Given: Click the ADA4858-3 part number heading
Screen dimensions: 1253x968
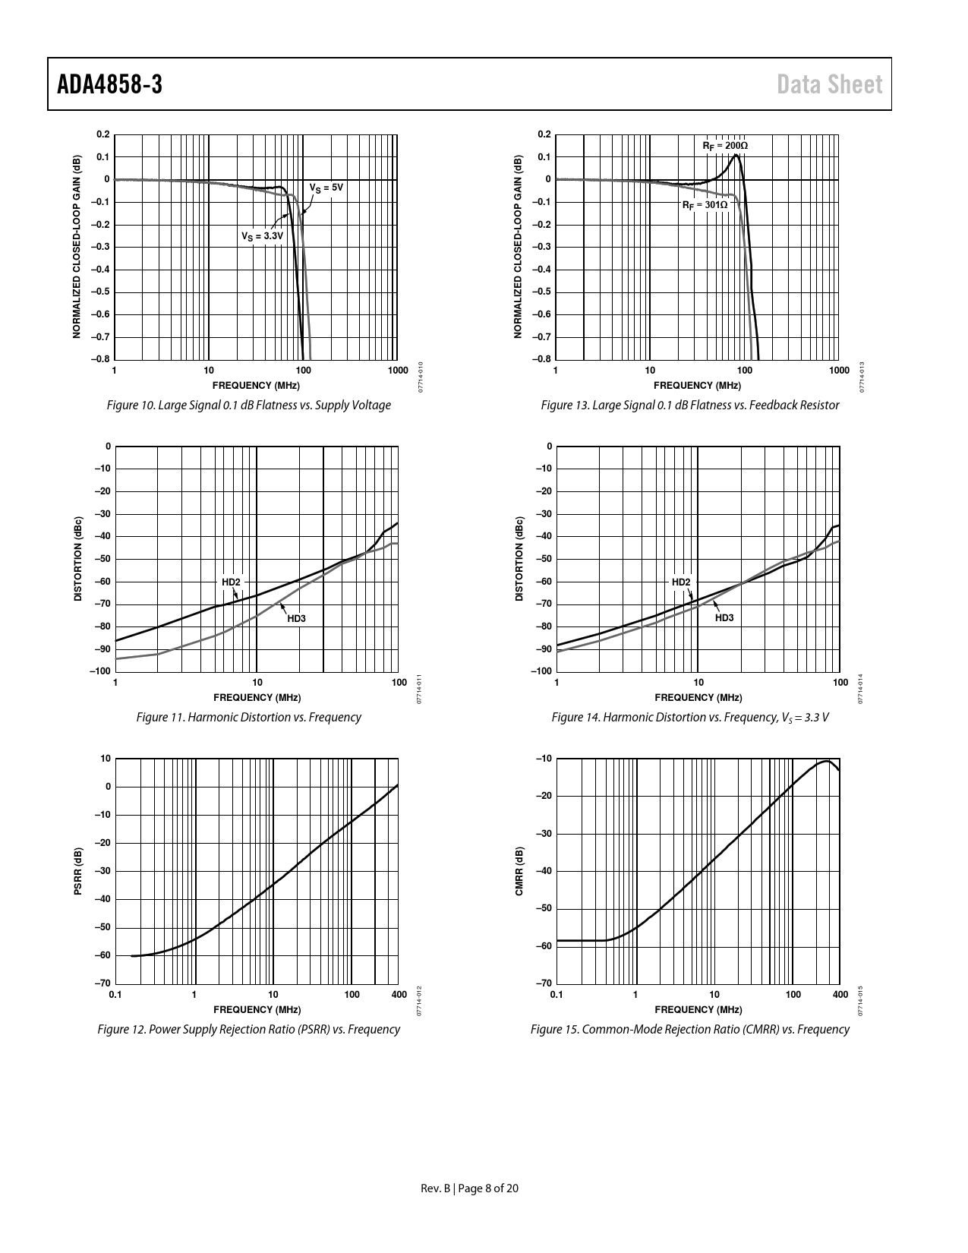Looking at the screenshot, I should coord(109,84).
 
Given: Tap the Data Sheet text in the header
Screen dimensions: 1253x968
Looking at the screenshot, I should coord(830,84).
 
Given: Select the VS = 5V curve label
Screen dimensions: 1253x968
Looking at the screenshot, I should coord(326,188).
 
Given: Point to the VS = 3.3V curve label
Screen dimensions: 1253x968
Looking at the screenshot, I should coord(262,236).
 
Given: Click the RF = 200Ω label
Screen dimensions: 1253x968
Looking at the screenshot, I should coord(725,145).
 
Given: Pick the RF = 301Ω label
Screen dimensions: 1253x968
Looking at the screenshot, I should coord(705,205).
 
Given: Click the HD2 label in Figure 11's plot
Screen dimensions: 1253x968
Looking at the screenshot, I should coord(231,582).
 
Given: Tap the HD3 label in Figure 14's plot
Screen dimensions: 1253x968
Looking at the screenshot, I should coord(724,618).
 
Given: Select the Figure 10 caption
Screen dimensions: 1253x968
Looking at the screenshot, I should coord(249,406).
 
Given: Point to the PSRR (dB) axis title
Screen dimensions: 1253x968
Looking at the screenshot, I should coord(77,871).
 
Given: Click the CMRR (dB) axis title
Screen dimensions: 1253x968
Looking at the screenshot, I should coord(519,871).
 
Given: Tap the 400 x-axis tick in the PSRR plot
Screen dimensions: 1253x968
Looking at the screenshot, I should coord(399,995).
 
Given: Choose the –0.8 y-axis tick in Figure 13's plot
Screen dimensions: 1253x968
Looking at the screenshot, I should coord(542,360).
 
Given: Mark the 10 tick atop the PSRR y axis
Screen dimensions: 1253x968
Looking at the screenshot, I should coord(106,759).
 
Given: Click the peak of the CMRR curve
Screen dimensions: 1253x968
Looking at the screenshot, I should coord(826,761).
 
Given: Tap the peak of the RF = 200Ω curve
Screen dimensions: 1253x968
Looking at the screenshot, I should coord(736,155).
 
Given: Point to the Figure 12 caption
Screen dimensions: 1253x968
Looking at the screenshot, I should coord(249,1030).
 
